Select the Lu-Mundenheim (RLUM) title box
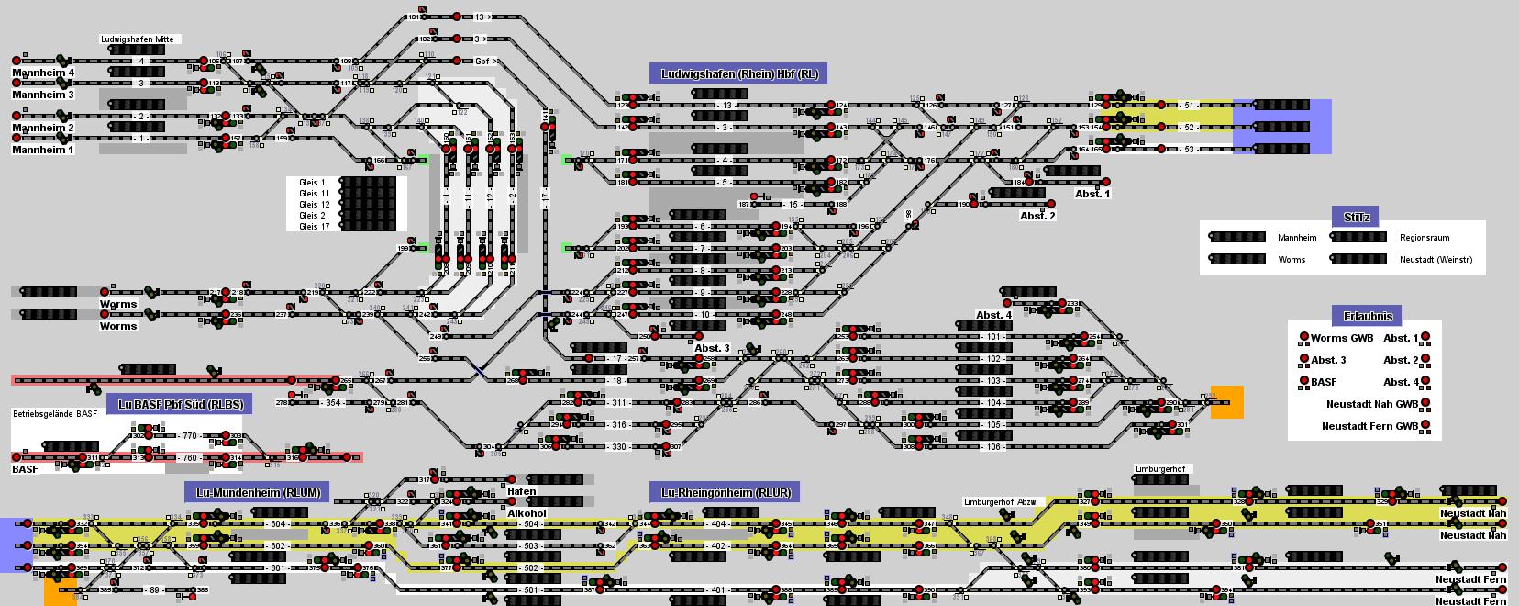258,492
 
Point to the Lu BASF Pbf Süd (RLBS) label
181,404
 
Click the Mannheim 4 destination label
43,73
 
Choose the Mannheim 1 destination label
43,150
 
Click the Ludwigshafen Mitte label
137,39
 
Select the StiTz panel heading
1357,218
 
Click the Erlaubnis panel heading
1368,316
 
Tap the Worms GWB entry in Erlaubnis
1342,338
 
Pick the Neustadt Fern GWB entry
1369,426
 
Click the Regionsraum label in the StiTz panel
1425,238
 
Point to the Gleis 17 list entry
314,227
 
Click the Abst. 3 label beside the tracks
712,348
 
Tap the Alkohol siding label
527,513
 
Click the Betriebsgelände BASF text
55,414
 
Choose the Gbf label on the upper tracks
482,62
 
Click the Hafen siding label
522,491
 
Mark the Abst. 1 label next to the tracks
1092,194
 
